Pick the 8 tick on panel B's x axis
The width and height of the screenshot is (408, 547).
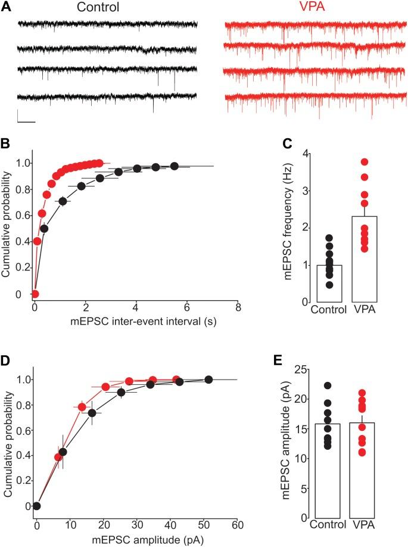click(238, 308)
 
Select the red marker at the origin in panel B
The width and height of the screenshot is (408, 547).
click(35, 294)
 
